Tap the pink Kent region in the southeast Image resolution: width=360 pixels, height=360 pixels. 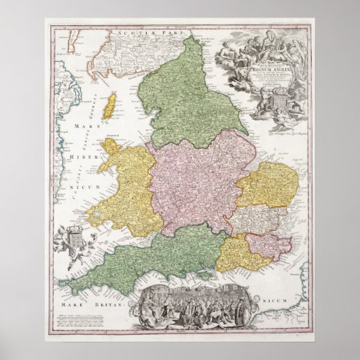[x=268, y=245]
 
